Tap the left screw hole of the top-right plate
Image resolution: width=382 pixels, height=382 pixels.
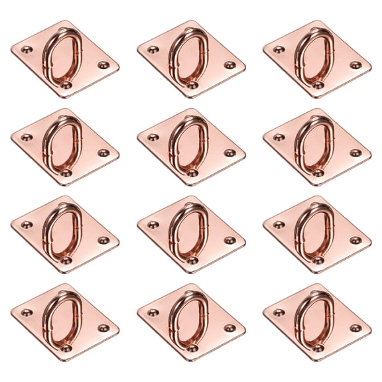coord(279,49)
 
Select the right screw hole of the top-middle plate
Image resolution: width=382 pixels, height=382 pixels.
coord(229,65)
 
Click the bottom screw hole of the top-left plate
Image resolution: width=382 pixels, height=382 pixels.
coord(66,85)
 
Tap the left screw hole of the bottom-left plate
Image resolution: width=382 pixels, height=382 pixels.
coord(27,312)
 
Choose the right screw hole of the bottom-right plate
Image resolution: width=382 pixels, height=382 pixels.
coord(355,328)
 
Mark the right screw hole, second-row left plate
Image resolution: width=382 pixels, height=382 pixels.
coord(103,153)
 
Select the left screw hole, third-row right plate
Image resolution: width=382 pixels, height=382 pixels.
coord(279,225)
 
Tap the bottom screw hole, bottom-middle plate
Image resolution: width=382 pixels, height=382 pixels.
coord(192,348)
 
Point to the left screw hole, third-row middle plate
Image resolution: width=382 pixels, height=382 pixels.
coord(153,225)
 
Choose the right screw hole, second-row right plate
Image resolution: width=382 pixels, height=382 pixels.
coord(355,153)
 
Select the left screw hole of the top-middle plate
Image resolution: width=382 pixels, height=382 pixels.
coord(153,49)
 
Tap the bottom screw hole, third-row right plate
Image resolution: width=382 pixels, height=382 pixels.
coord(318,260)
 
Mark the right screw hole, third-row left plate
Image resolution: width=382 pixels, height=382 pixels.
coord(103,240)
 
